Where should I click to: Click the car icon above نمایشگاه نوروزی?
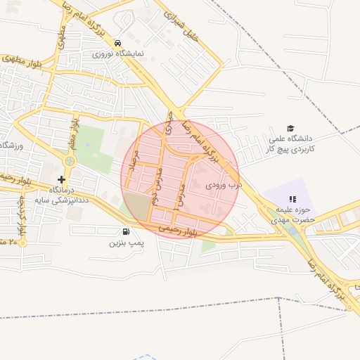pyautogui.click(x=117, y=41)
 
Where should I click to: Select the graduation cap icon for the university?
pyautogui.click(x=290, y=127)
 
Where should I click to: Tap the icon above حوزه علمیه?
pyautogui.click(x=292, y=199)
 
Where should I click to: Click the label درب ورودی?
pyautogui.click(x=223, y=186)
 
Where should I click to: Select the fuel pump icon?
pyautogui.click(x=126, y=231)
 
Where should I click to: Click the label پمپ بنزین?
pyautogui.click(x=126, y=243)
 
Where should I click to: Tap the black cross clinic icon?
pyautogui.click(x=62, y=179)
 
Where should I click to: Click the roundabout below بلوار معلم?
pyautogui.click(x=70, y=161)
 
